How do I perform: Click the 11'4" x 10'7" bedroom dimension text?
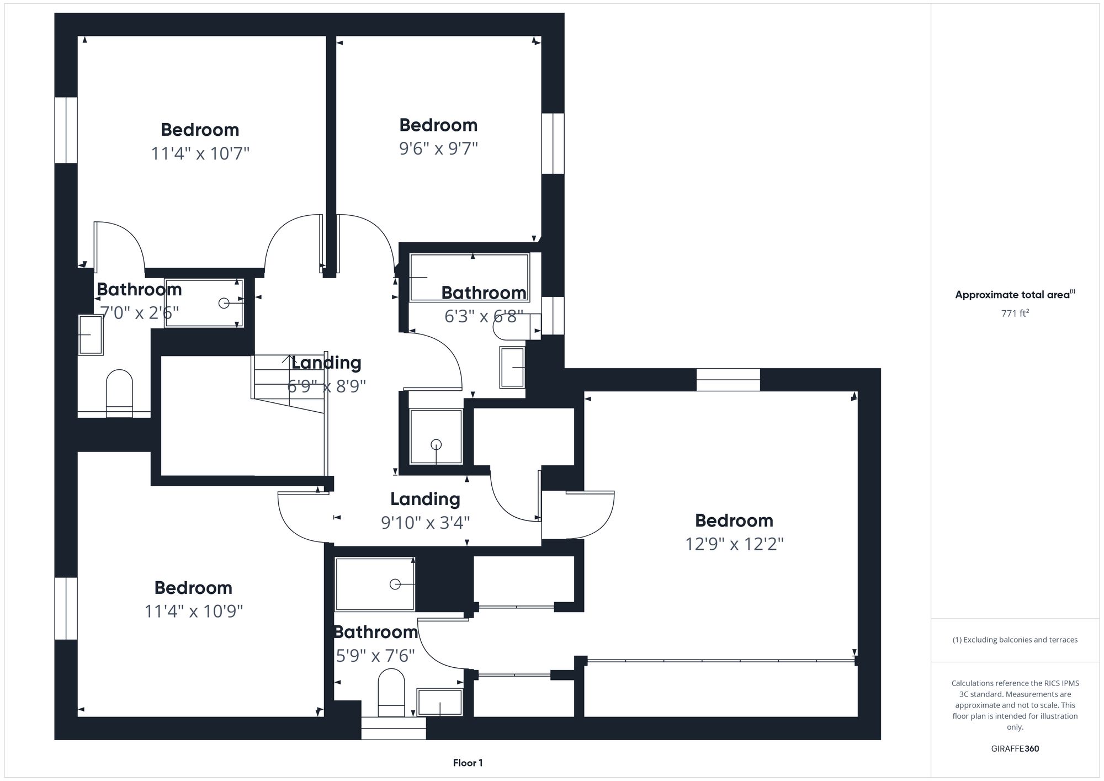200,153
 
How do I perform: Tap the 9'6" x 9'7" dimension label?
438,148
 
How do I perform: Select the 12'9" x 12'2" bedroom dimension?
734,544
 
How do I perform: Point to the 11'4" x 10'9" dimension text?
193,612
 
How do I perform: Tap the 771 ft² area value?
1015,314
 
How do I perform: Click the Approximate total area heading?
1015,295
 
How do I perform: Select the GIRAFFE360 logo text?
1015,749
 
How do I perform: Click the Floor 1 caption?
468,763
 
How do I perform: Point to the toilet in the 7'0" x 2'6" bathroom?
119,392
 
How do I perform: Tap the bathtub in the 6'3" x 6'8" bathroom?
469,278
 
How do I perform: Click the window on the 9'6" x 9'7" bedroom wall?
553,144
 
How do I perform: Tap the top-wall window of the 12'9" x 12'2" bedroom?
728,380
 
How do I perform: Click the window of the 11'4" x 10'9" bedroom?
66,608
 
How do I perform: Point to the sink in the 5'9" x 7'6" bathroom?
439,702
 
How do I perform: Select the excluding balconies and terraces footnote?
1015,640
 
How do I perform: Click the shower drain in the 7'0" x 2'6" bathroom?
224,303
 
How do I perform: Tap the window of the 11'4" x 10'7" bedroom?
66,130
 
